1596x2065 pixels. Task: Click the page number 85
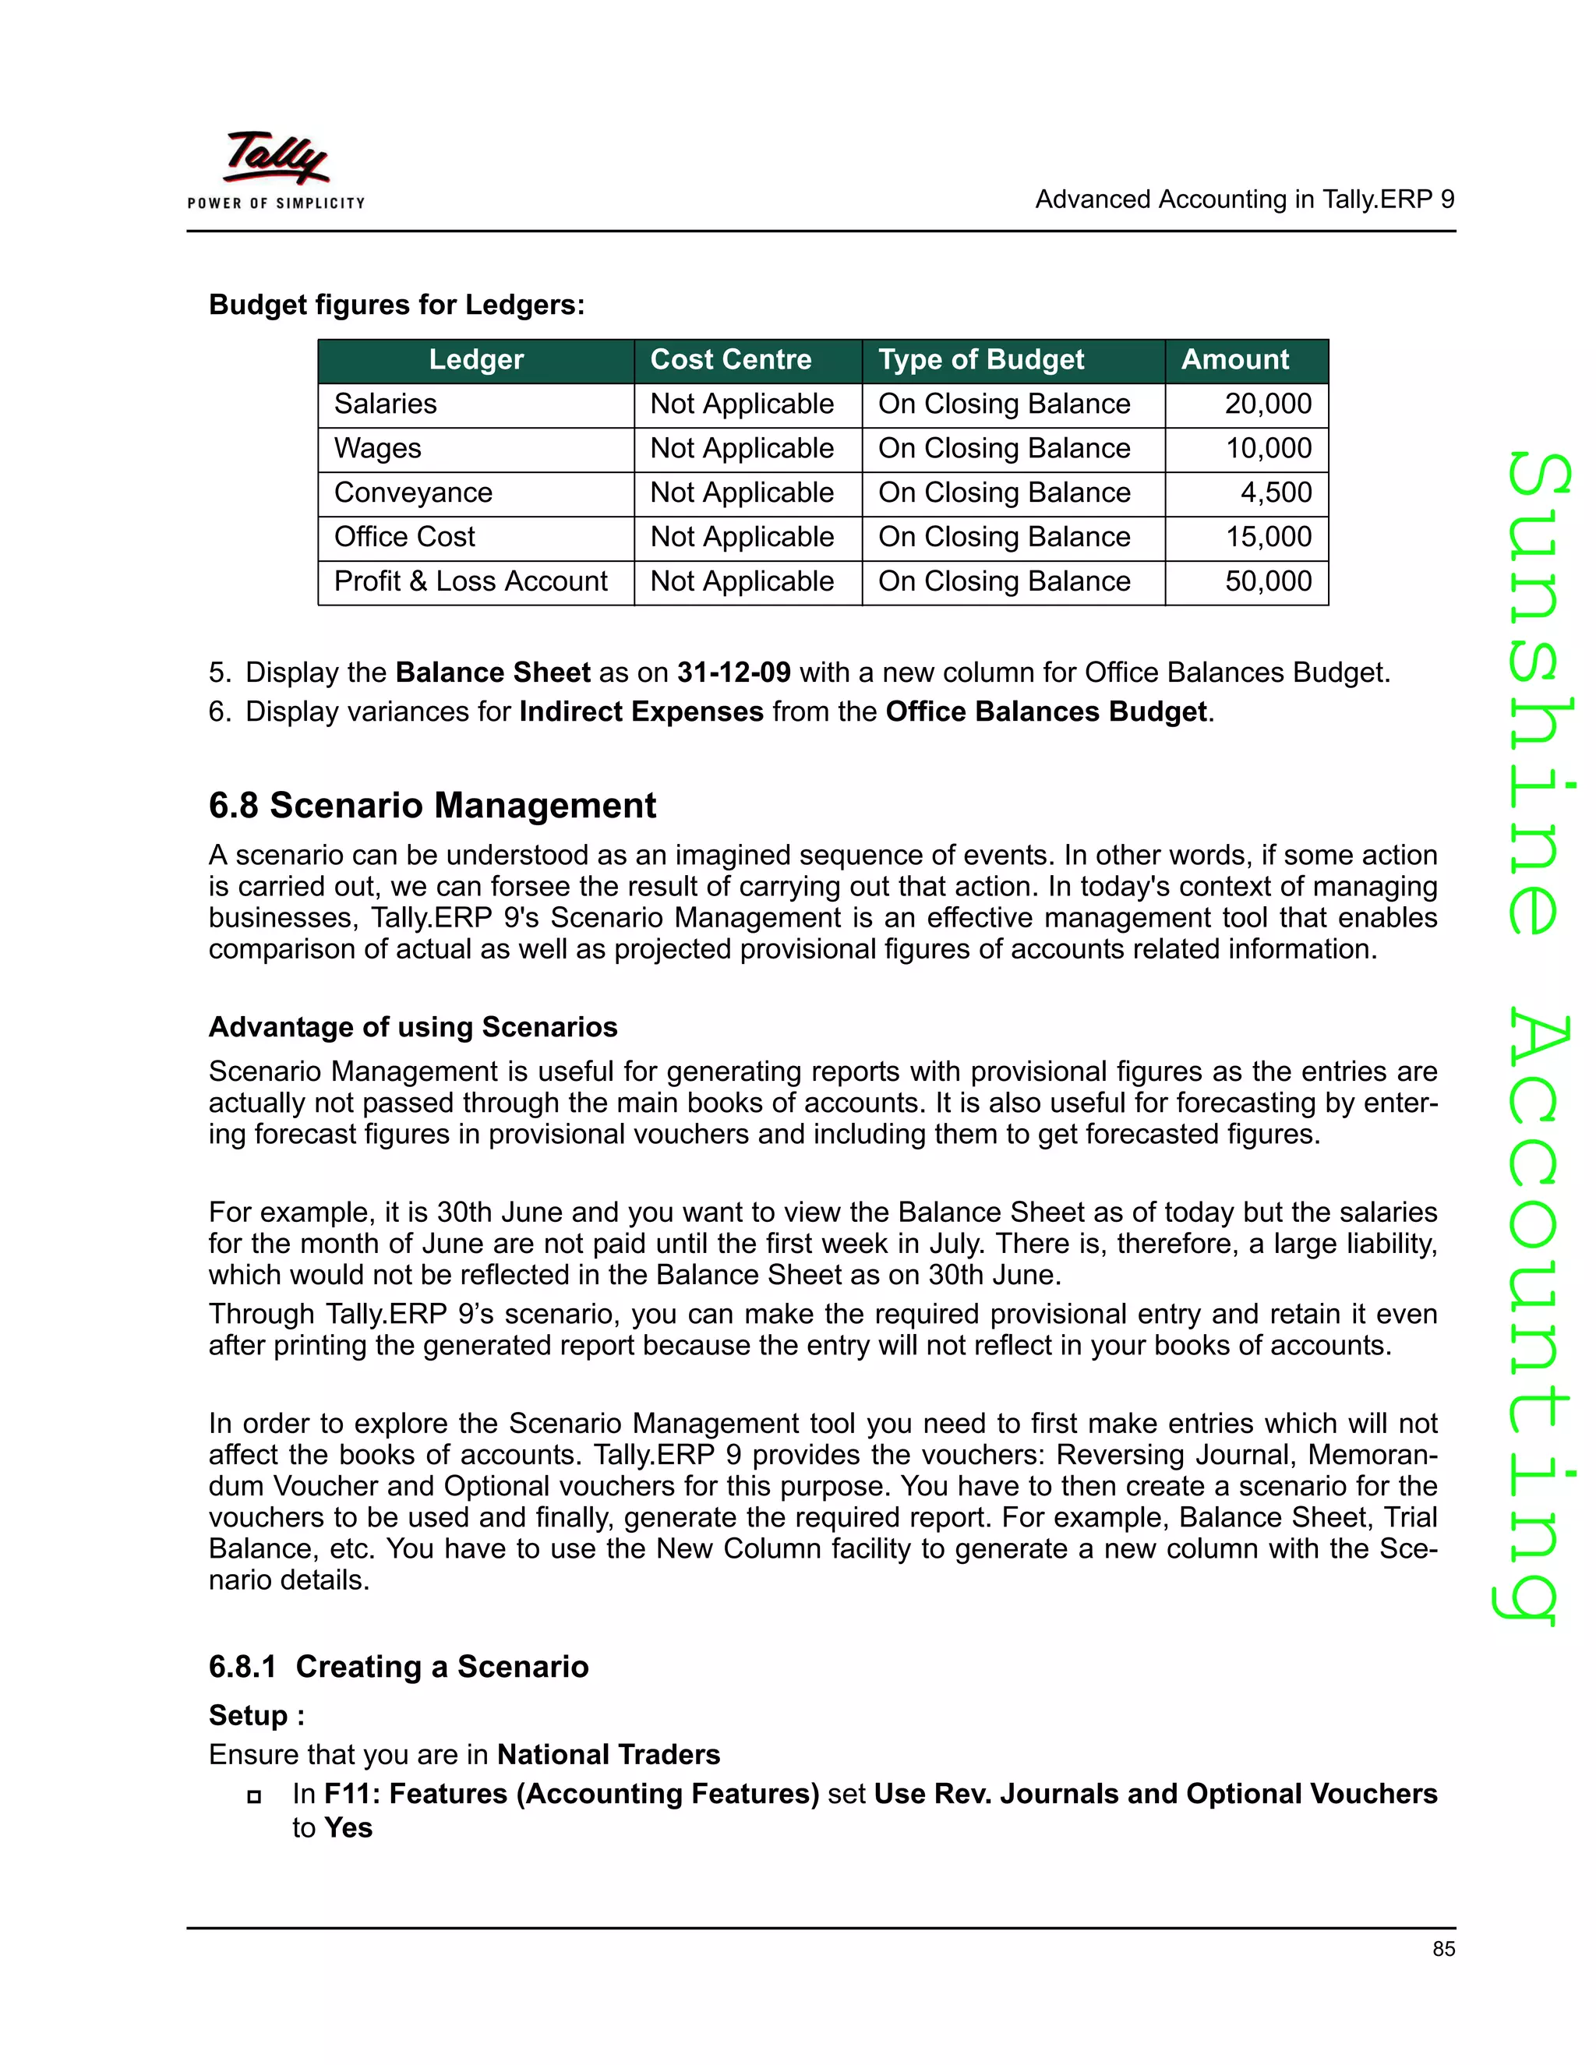pos(1442,1949)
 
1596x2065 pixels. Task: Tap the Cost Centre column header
pos(730,359)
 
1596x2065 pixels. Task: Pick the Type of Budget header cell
pos(980,359)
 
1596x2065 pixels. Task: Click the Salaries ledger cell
pos(385,404)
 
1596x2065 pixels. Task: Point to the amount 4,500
pos(1276,492)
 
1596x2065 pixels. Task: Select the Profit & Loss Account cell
pos(470,581)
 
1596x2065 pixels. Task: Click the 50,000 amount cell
pos(1268,581)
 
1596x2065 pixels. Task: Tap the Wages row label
pos(377,448)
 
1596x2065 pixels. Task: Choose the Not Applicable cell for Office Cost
pos(741,537)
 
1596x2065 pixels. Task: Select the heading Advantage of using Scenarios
pos(412,1027)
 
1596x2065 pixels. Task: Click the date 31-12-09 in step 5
pos(733,672)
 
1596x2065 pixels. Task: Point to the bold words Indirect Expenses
pos(641,711)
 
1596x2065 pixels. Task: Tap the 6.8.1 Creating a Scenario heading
pos(398,1666)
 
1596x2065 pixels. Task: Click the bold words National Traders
pos(608,1755)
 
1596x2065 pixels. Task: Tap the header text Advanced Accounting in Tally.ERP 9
pos(1245,199)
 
